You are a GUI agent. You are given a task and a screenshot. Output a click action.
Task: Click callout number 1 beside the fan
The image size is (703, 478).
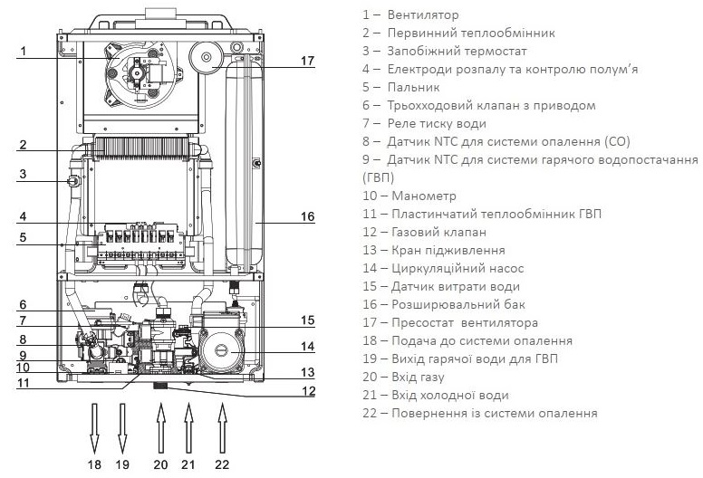tap(24, 51)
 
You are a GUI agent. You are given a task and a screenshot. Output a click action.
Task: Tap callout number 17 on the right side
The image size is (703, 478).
tap(307, 61)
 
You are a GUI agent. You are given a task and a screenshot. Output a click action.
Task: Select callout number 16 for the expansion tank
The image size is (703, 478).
tap(307, 216)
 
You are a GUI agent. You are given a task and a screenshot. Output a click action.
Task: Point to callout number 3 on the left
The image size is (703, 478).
tap(24, 175)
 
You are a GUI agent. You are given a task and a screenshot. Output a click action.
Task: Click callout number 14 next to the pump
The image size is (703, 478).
tap(307, 346)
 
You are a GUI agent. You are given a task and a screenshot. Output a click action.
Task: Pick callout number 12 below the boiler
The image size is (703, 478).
tap(307, 392)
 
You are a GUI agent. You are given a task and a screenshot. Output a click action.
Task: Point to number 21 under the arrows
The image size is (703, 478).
tap(189, 464)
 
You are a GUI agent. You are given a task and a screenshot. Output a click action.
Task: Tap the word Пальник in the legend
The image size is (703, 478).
tap(412, 87)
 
